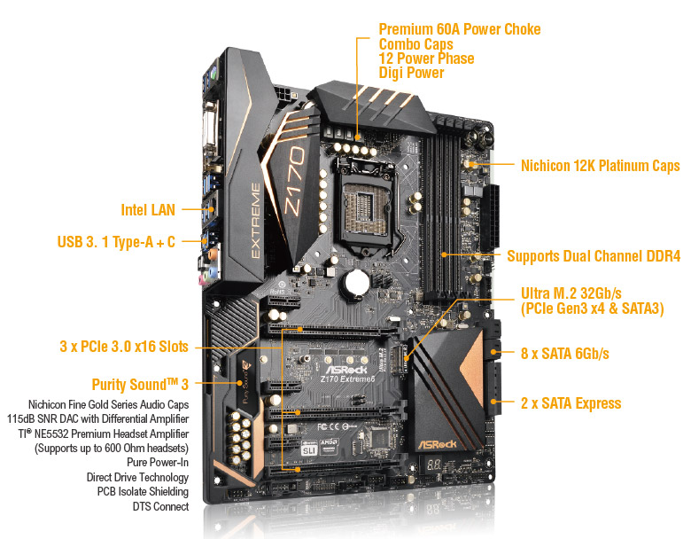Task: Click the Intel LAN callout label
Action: pyautogui.click(x=148, y=210)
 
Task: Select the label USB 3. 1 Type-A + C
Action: pyautogui.click(x=116, y=242)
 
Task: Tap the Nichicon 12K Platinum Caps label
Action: pyautogui.click(x=601, y=166)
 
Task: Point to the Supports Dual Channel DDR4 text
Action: pyautogui.click(x=594, y=256)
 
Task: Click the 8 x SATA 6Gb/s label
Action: pyautogui.click(x=565, y=354)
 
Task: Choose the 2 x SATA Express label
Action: pyautogui.click(x=571, y=403)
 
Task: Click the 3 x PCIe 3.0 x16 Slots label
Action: pyautogui.click(x=124, y=347)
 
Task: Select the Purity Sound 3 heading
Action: pyautogui.click(x=140, y=385)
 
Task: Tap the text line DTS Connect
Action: pyautogui.click(x=160, y=506)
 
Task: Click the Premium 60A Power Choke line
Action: pyautogui.click(x=460, y=29)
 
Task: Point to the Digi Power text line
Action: pyautogui.click(x=411, y=73)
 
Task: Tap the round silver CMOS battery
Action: pyautogui.click(x=356, y=282)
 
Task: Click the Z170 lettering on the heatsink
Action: pyautogui.click(x=294, y=181)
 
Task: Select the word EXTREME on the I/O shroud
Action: pyautogui.click(x=256, y=221)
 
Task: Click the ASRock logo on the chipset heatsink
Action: pyautogui.click(x=437, y=444)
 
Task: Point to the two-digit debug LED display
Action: pyautogui.click(x=434, y=465)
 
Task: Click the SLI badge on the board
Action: pyautogui.click(x=309, y=449)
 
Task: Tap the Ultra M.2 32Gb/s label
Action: pyautogui.click(x=571, y=293)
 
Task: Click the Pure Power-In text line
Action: pyautogui.click(x=158, y=462)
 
